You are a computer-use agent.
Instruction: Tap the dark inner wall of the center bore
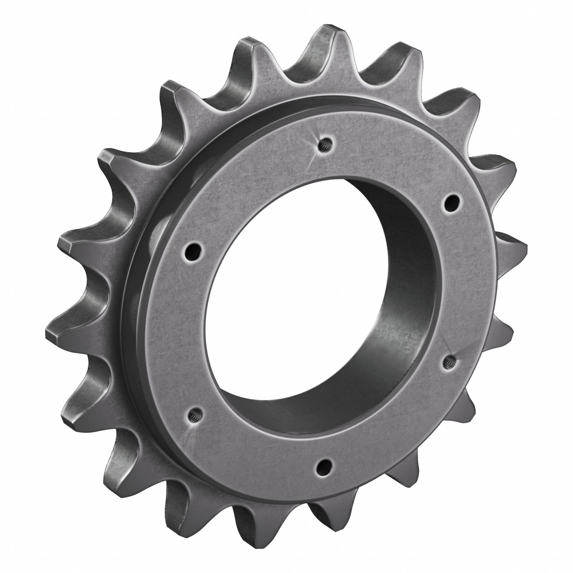click(395, 341)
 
